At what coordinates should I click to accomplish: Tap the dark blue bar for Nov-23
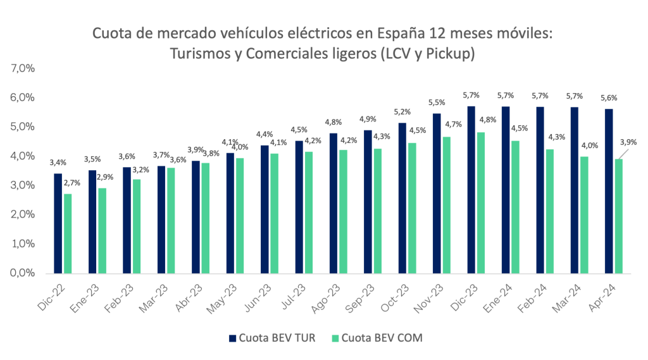pyautogui.click(x=437, y=193)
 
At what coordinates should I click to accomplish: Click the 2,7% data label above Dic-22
pyautogui.click(x=72, y=183)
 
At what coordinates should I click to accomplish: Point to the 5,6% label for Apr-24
pyautogui.click(x=609, y=98)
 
